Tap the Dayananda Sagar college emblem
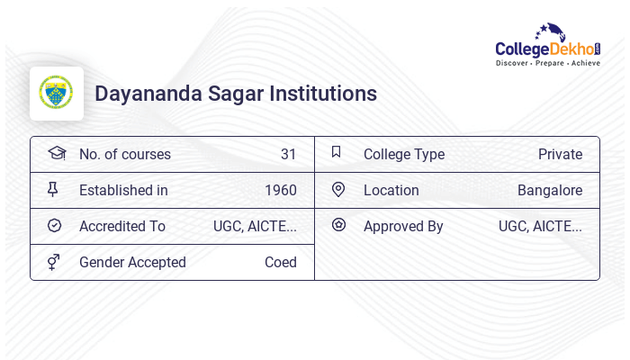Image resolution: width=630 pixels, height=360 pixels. (57, 94)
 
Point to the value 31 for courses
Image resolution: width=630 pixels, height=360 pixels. (288, 155)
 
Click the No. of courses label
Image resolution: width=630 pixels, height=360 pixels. (124, 155)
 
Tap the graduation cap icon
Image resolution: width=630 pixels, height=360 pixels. (56, 153)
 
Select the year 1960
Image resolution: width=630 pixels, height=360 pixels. (280, 191)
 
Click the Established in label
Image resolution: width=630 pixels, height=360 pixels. (123, 191)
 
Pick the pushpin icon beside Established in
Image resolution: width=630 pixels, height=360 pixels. (53, 189)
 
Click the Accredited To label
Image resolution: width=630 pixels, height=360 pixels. (122, 227)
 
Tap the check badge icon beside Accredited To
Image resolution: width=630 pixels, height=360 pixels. (54, 226)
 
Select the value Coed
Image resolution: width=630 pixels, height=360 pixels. (280, 263)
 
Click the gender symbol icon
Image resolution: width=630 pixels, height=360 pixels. (53, 262)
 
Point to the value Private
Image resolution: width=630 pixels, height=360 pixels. (560, 155)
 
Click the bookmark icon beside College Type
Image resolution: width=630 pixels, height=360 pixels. (337, 152)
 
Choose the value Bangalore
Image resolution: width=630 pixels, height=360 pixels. (549, 191)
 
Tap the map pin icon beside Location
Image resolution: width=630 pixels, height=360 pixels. (338, 189)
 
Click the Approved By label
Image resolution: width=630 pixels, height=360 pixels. (403, 227)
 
